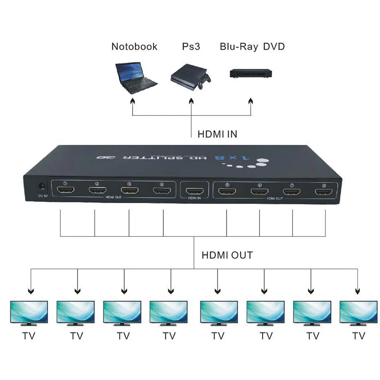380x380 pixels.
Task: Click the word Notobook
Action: (134, 47)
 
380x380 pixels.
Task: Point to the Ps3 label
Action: (191, 47)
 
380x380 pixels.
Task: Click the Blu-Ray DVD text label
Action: (252, 47)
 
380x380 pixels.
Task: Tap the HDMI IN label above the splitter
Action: (217, 134)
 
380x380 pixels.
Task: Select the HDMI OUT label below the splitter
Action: (227, 255)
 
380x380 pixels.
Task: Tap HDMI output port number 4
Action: (161, 192)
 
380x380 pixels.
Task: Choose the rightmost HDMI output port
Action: (324, 192)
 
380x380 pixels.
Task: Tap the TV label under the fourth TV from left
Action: (169, 336)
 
